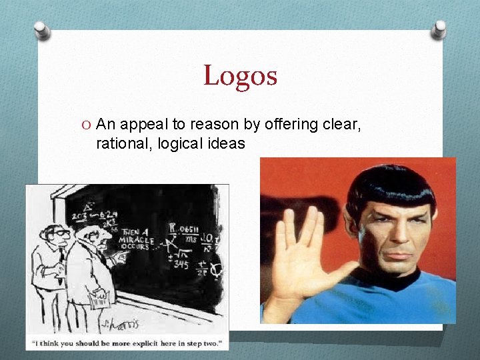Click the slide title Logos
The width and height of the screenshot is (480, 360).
pos(240,75)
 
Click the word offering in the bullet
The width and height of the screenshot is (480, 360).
pos(289,123)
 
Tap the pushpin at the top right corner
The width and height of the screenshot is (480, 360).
pos(439,29)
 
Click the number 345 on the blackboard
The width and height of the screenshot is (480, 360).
pos(181,264)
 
